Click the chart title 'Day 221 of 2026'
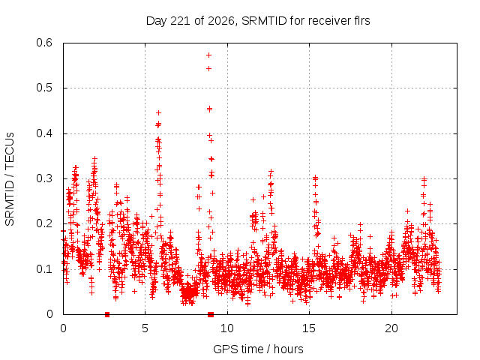tap(190, 21)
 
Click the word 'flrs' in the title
tap(361, 21)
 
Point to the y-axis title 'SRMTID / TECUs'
tap(10, 179)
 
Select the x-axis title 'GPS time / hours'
tap(258, 349)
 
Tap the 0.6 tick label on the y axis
tap(44, 43)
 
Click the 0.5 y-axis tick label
tap(44, 88)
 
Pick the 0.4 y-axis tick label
tap(44, 133)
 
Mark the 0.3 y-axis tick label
tap(44, 178)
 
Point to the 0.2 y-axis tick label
tap(44, 223)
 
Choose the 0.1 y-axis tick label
tap(44, 269)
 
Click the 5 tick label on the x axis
tap(145, 328)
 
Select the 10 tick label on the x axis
tap(226, 328)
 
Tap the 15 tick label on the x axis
tap(309, 328)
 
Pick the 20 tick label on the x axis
tap(391, 328)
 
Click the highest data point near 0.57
tap(208, 55)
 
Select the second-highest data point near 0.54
tap(208, 68)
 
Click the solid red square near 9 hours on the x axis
tap(211, 314)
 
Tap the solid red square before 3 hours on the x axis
tap(107, 314)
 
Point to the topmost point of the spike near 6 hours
tap(158, 112)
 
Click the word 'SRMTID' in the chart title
tap(264, 21)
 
